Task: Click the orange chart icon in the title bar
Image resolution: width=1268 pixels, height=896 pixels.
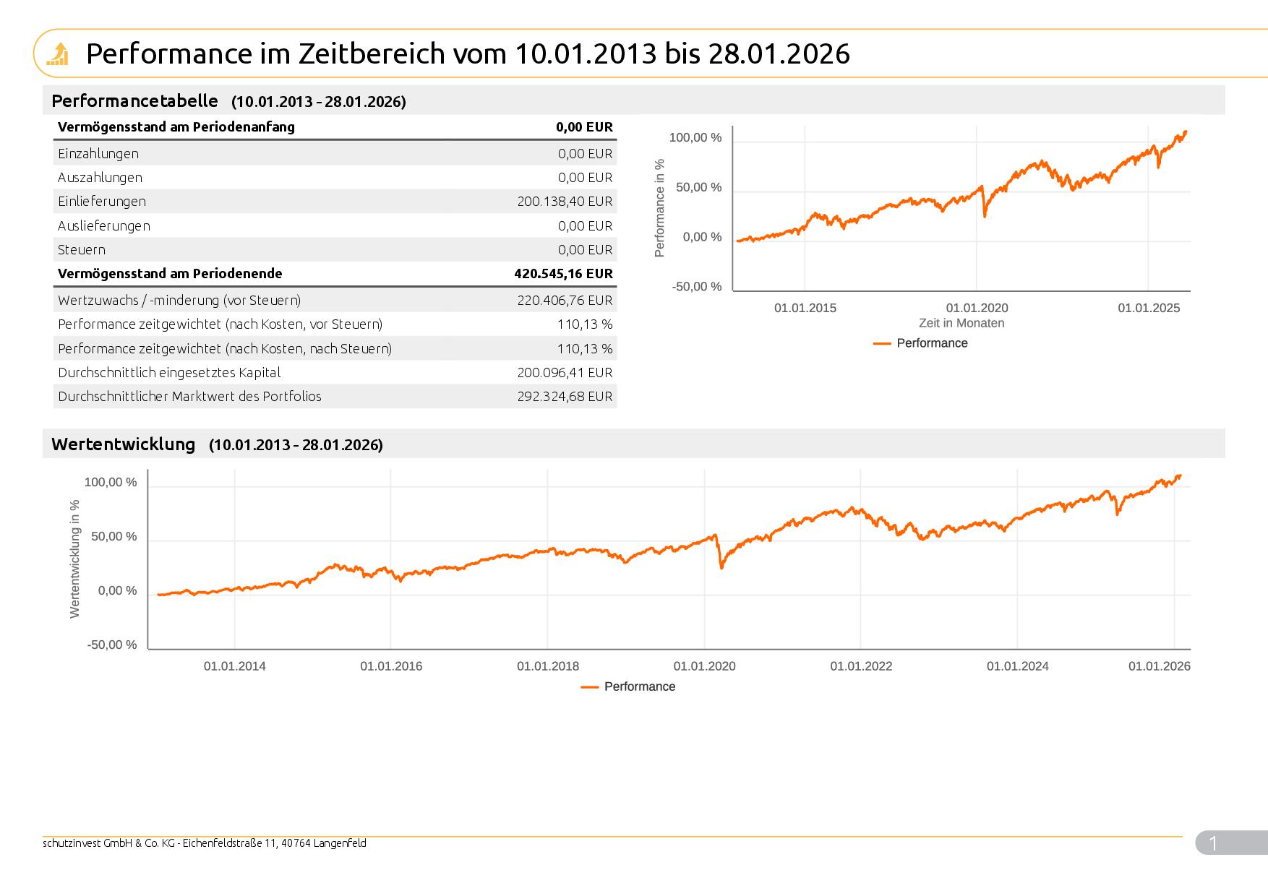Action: click(57, 53)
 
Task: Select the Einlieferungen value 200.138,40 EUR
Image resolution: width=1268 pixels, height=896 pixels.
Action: click(565, 202)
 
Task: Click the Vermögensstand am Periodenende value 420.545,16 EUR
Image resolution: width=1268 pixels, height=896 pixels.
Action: click(563, 274)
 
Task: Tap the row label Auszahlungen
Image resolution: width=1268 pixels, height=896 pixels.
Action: click(100, 178)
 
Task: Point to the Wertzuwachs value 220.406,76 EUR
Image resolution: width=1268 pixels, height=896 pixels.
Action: click(565, 301)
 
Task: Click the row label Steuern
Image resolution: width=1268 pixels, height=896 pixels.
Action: click(82, 250)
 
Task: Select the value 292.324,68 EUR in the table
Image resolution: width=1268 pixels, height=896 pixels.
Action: click(565, 397)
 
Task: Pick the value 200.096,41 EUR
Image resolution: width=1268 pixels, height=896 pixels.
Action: click(565, 373)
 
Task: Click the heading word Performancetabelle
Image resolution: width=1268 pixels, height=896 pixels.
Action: click(134, 101)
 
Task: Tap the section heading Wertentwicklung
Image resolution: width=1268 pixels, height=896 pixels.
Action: click(123, 444)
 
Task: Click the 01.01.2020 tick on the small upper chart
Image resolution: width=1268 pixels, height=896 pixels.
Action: click(977, 309)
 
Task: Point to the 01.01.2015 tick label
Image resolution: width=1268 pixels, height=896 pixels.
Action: click(805, 309)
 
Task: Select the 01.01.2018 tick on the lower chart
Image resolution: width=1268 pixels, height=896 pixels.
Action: click(547, 666)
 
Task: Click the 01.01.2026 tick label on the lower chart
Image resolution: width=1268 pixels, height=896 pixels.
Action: click(1159, 666)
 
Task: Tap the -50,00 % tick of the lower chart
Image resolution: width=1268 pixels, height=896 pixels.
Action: click(112, 645)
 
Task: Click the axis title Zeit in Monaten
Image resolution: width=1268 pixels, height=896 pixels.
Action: click(961, 324)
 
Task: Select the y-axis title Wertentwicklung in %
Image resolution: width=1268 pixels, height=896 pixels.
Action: click(75, 559)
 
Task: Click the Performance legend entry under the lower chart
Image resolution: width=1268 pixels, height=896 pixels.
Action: click(639, 687)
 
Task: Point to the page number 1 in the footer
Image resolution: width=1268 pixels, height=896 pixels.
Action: click(1213, 843)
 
